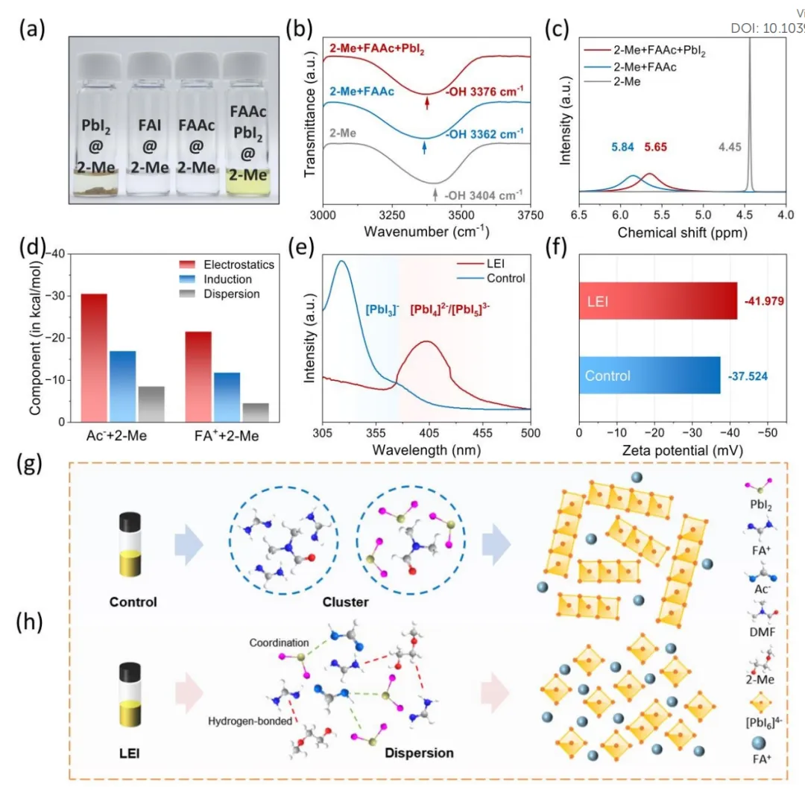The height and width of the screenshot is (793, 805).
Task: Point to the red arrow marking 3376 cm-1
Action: [x=426, y=103]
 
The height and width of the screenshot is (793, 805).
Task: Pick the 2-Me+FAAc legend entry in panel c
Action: [x=639, y=67]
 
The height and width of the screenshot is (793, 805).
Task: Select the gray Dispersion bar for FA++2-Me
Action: [x=255, y=412]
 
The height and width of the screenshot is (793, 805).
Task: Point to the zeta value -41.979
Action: [x=767, y=300]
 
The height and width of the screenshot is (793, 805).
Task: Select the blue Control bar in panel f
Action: [x=649, y=375]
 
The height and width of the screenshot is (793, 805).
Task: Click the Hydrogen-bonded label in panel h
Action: [x=250, y=721]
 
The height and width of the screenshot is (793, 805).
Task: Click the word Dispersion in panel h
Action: [x=419, y=753]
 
